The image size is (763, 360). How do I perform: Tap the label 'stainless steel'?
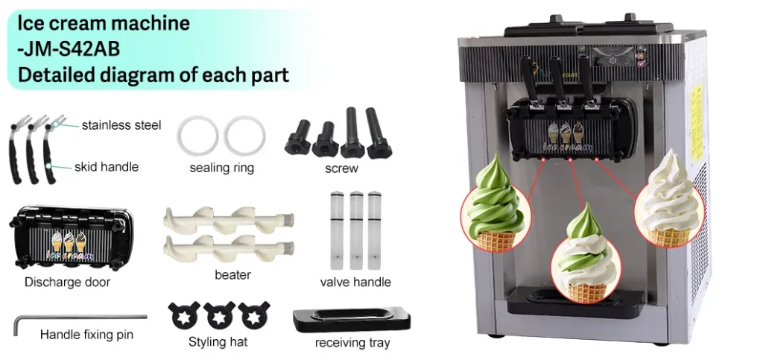121,124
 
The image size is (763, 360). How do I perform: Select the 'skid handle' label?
107,166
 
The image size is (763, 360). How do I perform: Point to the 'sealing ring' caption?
221,168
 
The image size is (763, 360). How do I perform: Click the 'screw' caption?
341,168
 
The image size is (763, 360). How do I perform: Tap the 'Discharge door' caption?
67,282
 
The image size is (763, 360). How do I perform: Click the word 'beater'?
232,274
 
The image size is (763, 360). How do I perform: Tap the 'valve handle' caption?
355,282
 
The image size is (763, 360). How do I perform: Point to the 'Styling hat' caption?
218,342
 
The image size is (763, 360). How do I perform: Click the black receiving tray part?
352,320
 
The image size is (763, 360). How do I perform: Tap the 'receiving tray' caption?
352,343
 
